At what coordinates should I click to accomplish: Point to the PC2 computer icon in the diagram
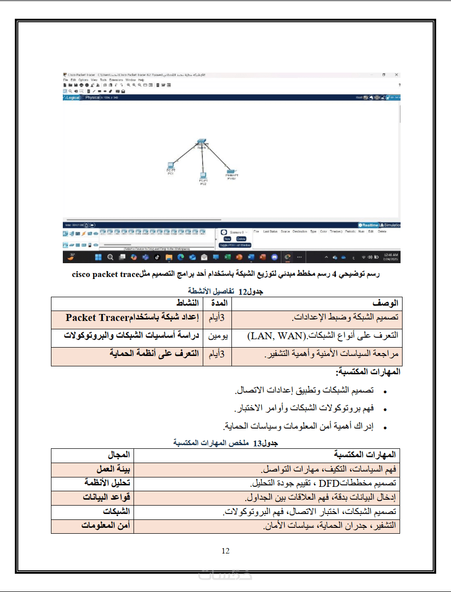203,175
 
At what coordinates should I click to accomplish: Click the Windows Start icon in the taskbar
98,257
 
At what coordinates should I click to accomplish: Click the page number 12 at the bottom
225,551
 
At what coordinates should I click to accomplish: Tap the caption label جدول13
266,443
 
